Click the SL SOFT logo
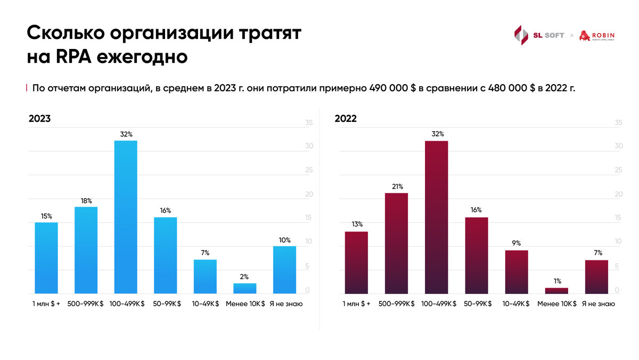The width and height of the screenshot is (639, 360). pyautogui.click(x=538, y=36)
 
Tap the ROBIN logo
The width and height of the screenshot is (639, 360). pyautogui.click(x=596, y=36)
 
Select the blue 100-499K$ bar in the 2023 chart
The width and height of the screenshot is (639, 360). pyautogui.click(x=126, y=217)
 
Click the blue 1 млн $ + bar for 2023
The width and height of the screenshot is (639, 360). pyautogui.click(x=46, y=258)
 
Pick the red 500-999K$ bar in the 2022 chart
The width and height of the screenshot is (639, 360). pyautogui.click(x=396, y=243)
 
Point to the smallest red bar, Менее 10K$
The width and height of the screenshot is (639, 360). pyautogui.click(x=556, y=290)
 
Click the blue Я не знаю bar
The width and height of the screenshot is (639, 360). pyautogui.click(x=284, y=269)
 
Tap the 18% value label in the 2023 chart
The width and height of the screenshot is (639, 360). pyautogui.click(x=86, y=201)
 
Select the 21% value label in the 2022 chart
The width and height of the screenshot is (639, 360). pyautogui.click(x=396, y=187)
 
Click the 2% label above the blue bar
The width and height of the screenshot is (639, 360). pyautogui.click(x=244, y=277)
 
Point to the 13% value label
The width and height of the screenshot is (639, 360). pyautogui.click(x=357, y=225)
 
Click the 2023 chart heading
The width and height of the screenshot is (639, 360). pyautogui.click(x=40, y=119)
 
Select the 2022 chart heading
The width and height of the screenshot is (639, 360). pyautogui.click(x=346, y=119)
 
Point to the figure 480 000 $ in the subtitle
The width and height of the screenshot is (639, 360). pyautogui.click(x=512, y=88)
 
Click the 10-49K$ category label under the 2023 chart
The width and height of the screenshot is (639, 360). pyautogui.click(x=205, y=304)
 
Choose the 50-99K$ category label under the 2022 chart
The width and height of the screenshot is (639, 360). pyautogui.click(x=476, y=304)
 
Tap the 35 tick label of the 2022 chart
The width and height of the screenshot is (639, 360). pyautogui.click(x=618, y=122)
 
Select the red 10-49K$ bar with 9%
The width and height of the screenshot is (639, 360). pyautogui.click(x=516, y=272)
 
